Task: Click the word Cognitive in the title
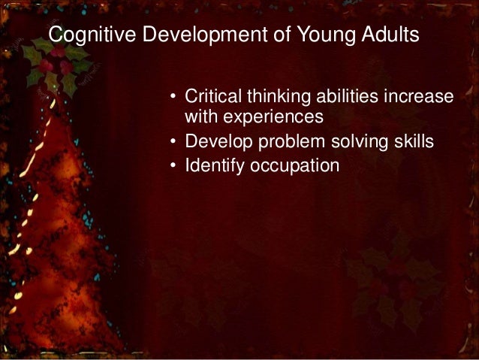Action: point(82,35)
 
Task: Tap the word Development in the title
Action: point(176,35)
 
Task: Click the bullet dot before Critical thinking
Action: point(172,98)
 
